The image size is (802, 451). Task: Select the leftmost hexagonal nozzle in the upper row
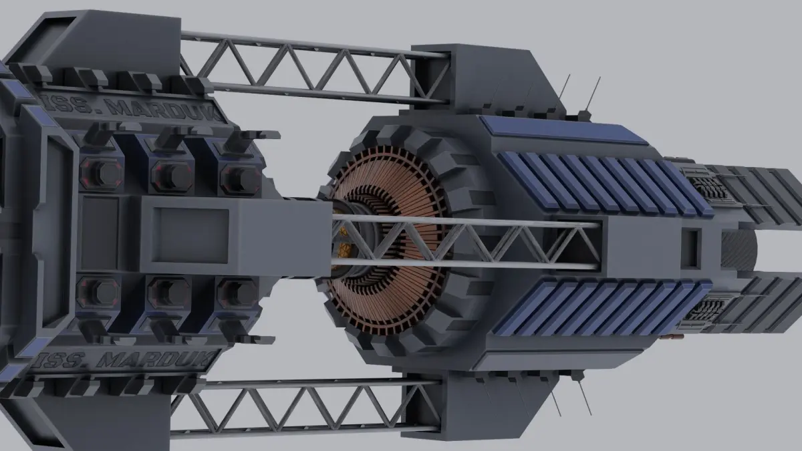coord(102,174)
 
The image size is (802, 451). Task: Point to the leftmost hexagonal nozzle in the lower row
coord(99,293)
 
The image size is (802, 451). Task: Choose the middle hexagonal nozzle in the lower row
coord(169,293)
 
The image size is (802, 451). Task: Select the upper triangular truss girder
coord(314,68)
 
